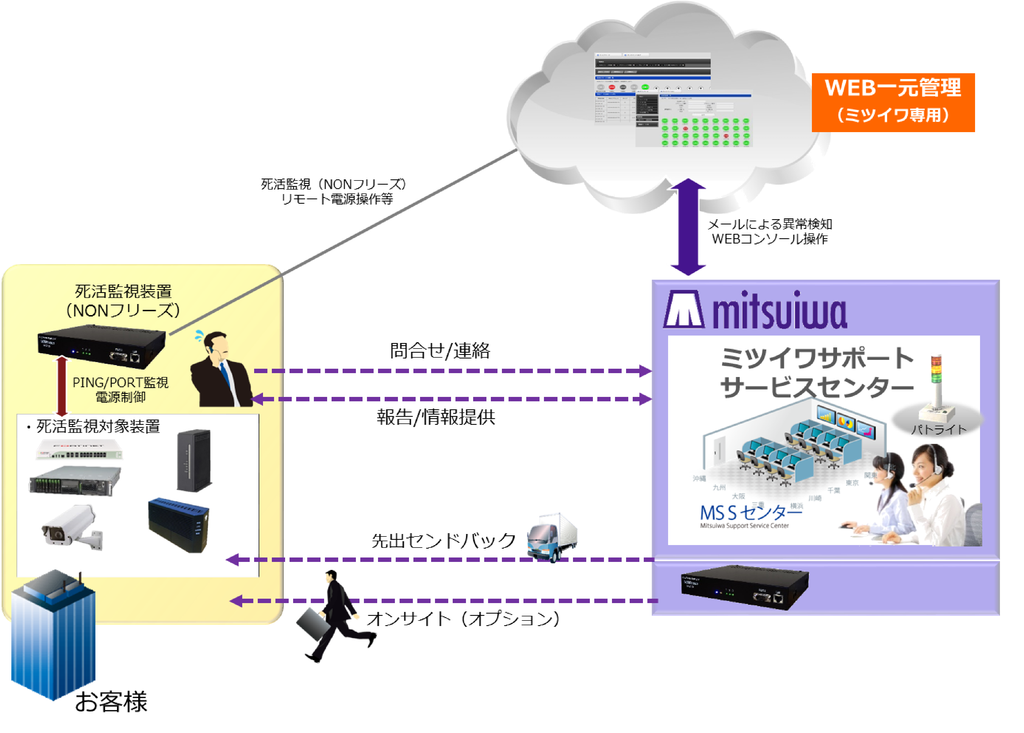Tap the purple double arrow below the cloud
click(x=688, y=227)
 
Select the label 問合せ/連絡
click(x=439, y=351)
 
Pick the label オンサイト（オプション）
click(x=463, y=618)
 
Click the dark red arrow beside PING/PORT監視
click(x=62, y=386)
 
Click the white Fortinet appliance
click(x=79, y=450)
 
